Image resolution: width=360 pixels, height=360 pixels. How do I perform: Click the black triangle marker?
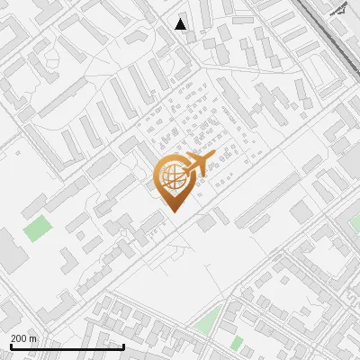pyautogui.click(x=181, y=23)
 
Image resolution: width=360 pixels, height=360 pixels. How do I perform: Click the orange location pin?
pyautogui.click(x=172, y=180)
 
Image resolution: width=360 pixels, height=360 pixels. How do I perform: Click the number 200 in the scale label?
pyautogui.click(x=19, y=337)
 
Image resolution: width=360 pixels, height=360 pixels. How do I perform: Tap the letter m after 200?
pyautogui.click(x=33, y=337)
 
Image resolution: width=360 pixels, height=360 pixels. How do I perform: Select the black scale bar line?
pyautogui.click(x=67, y=346)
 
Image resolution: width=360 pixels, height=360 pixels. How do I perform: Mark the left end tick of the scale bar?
pyautogui.click(x=12, y=346)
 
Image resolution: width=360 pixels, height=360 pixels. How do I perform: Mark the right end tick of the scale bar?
pyautogui.click(x=123, y=346)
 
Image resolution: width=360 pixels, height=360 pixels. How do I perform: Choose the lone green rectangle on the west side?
pyautogui.click(x=36, y=229)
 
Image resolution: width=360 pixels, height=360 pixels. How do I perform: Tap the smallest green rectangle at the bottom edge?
pyautogui.click(x=237, y=343)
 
